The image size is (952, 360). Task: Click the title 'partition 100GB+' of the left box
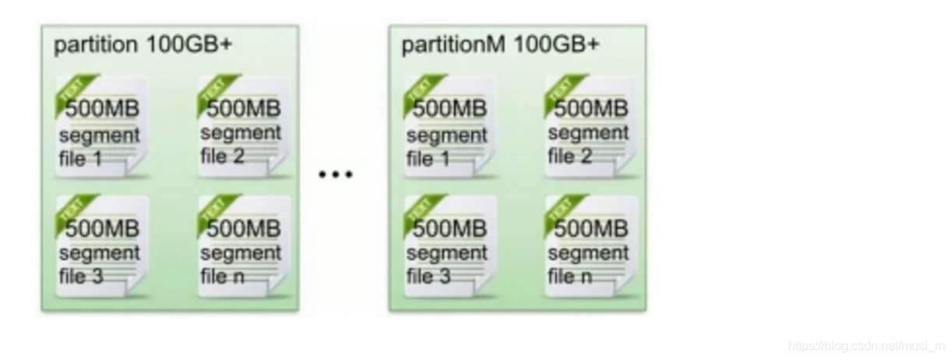point(143,44)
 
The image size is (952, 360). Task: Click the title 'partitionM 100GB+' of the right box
point(500,44)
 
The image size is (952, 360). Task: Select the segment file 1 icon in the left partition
point(100,127)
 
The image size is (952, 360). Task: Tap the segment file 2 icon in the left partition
point(241,127)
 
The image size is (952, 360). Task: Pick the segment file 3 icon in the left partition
point(100,246)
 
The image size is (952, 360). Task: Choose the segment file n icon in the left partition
point(241,246)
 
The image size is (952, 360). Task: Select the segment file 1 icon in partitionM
point(448,127)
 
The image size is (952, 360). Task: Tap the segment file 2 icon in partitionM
point(589,127)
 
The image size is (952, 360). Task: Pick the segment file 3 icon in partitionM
point(448,246)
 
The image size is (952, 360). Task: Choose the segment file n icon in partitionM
point(589,246)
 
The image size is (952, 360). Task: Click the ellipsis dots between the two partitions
point(336,175)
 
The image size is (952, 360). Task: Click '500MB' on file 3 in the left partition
point(101,229)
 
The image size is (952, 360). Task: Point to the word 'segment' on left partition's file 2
point(241,133)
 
